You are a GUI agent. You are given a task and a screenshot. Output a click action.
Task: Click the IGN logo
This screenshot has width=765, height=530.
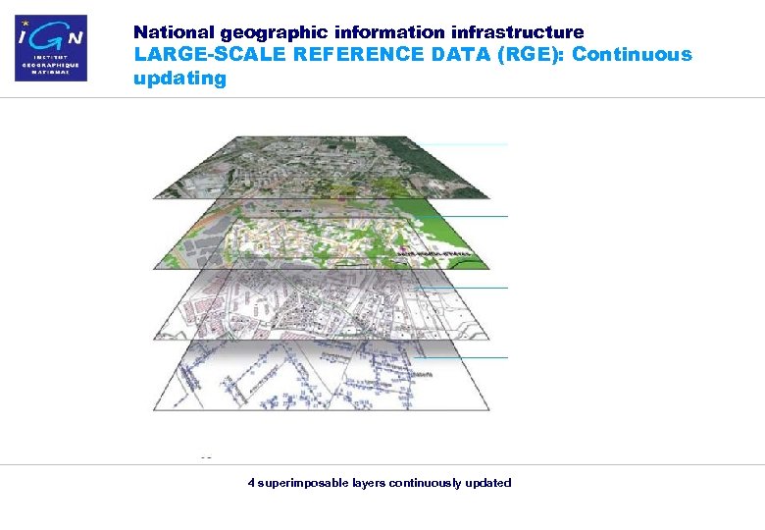click(x=51, y=47)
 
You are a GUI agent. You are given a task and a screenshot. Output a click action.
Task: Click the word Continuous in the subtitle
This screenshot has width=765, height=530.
click(x=632, y=55)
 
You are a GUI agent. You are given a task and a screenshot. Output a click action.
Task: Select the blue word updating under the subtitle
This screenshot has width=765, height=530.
click(x=179, y=78)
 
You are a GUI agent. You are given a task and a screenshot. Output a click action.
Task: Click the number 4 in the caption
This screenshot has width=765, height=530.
click(x=252, y=483)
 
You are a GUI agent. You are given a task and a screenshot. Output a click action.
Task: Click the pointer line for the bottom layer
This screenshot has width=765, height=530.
click(x=471, y=358)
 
